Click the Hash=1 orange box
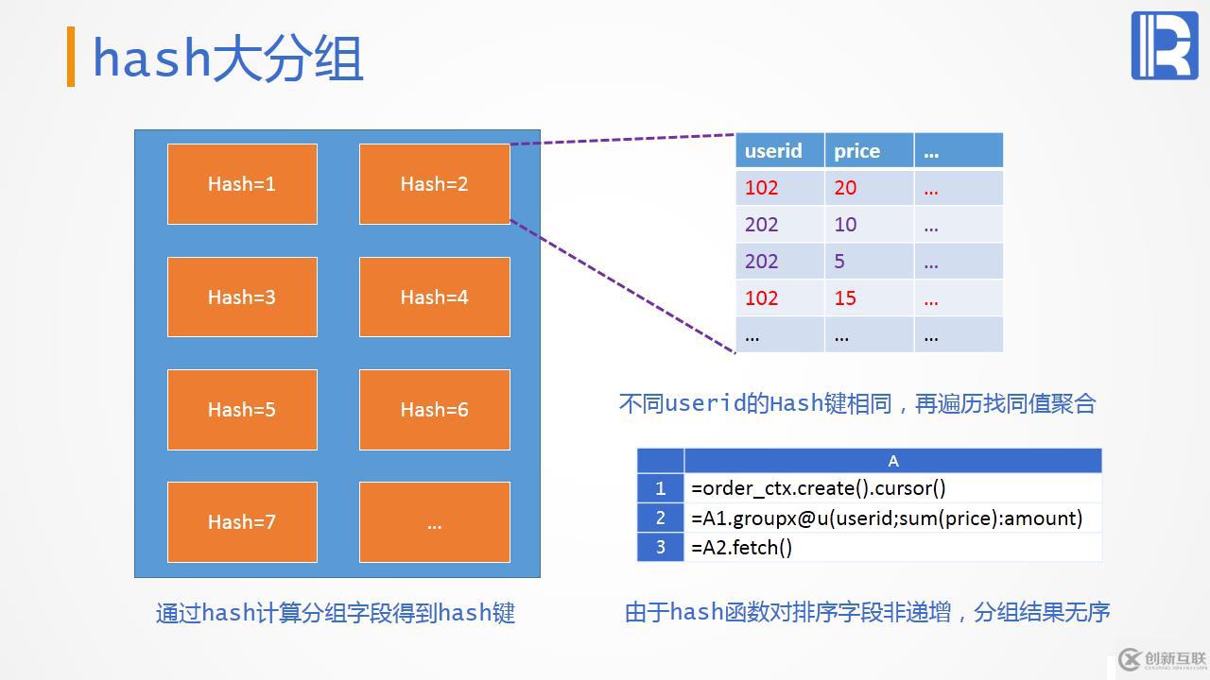(x=242, y=184)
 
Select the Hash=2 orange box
(x=434, y=184)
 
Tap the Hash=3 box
(x=242, y=297)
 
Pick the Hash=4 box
(x=434, y=297)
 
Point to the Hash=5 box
(x=242, y=409)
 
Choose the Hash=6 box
(x=434, y=409)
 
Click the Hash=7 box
(x=242, y=521)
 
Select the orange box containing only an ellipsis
(x=434, y=521)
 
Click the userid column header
(x=779, y=151)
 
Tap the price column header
(x=868, y=151)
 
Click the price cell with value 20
(x=868, y=188)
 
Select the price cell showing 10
(x=868, y=225)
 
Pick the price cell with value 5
(x=868, y=262)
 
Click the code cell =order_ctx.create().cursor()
(x=892, y=488)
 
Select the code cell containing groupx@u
(x=892, y=518)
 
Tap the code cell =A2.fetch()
(x=892, y=547)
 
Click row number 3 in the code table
(x=660, y=547)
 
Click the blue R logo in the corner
(x=1164, y=45)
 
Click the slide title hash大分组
(x=228, y=59)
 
